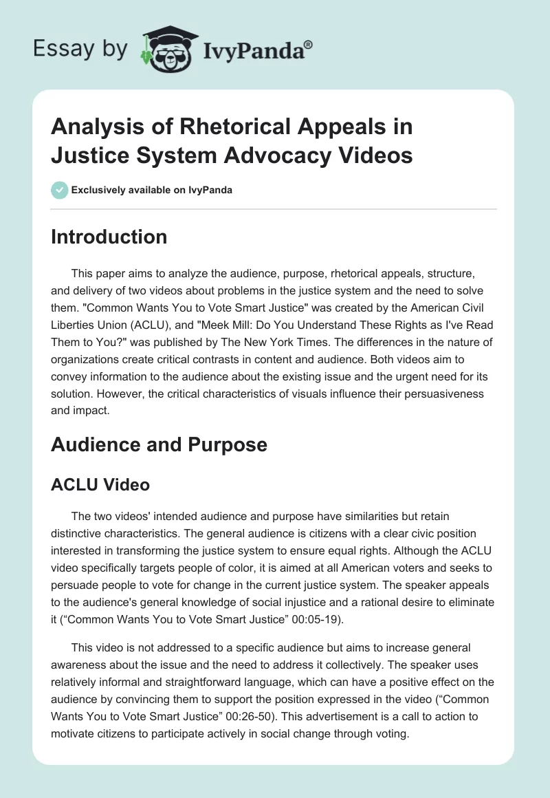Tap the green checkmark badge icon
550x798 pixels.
59,190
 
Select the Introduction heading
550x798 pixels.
109,237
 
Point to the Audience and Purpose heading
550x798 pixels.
159,444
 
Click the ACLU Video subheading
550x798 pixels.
100,484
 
